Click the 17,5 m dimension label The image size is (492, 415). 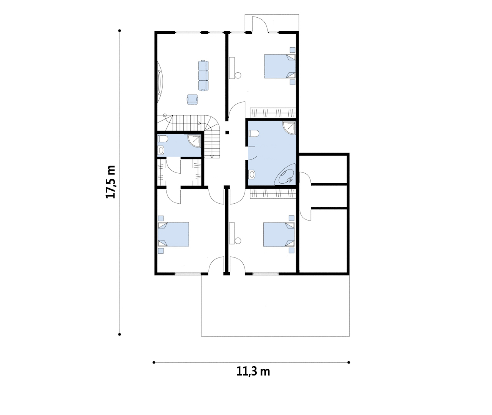tap(111, 182)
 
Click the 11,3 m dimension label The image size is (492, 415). tap(253, 372)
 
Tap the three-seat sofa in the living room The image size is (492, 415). tap(204, 76)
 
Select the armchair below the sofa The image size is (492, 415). tap(193, 99)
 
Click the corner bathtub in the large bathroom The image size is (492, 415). tap(285, 174)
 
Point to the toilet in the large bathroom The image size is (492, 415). tap(254, 134)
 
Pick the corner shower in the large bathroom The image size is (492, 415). tap(289, 128)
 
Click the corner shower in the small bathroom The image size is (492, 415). tap(194, 141)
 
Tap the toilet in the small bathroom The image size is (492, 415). tap(163, 139)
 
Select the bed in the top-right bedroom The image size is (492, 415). tap(280, 66)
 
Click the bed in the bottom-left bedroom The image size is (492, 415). tap(173, 234)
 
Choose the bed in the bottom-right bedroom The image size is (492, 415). tap(279, 234)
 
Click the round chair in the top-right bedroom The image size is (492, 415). tap(238, 75)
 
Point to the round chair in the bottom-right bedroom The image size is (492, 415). tap(238, 241)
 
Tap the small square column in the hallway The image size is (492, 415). tap(227, 132)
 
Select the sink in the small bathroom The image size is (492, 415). tap(161, 150)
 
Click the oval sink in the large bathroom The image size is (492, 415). tap(252, 174)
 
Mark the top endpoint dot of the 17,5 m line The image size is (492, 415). tap(120, 31)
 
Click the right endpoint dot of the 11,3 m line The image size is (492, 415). tap(349, 362)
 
